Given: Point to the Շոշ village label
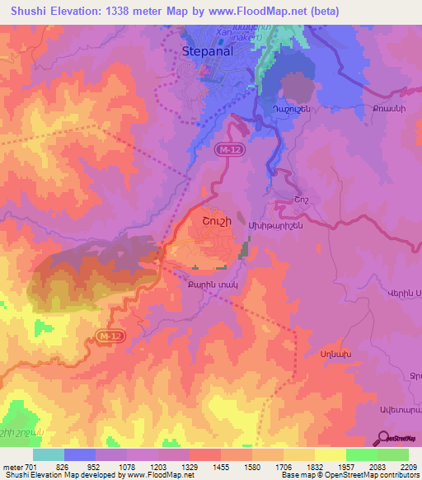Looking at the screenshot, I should [284, 199].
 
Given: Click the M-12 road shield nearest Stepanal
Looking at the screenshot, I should [229, 149].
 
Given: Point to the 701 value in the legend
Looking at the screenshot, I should [31, 467].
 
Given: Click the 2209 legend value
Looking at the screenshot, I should [408, 467].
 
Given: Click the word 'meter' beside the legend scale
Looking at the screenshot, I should [12, 467].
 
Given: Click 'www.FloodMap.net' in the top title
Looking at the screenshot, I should [254, 10].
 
